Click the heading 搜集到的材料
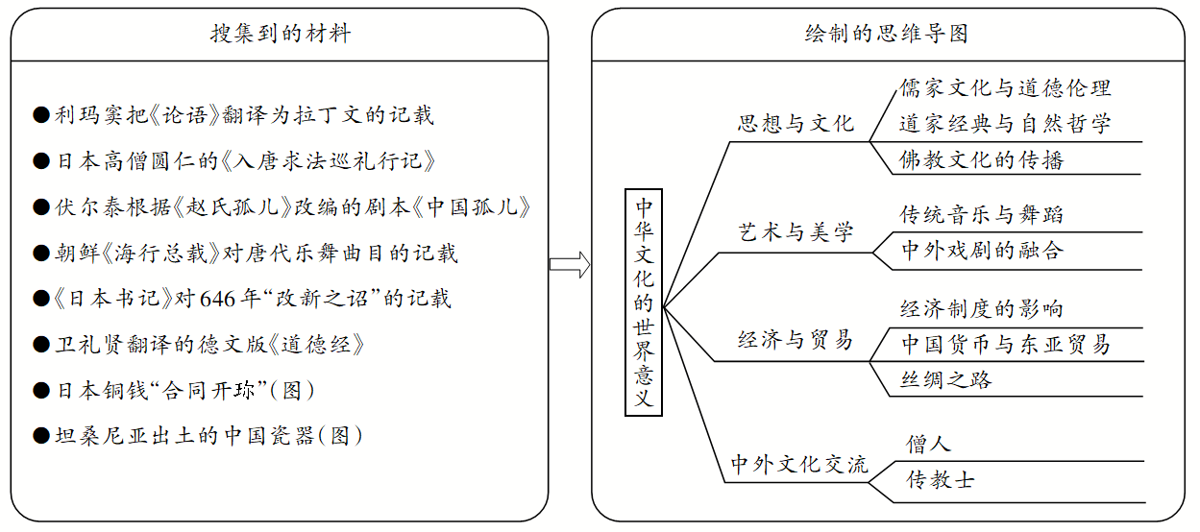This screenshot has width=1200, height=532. point(281,34)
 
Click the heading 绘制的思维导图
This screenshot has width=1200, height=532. point(887,34)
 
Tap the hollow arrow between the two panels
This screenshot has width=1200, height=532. point(570,264)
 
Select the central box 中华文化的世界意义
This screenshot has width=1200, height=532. point(644,302)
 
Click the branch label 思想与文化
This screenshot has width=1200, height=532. point(796,124)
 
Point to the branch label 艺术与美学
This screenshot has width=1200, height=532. point(796,232)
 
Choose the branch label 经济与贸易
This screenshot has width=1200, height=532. point(796,340)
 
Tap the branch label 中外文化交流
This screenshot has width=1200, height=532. point(799,464)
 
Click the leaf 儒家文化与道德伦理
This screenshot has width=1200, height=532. point(1006,88)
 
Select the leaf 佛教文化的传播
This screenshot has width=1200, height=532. point(982,160)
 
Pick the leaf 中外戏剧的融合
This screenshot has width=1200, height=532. point(982,250)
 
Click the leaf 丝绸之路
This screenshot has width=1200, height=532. point(946,379)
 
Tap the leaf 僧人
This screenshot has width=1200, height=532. point(928,444)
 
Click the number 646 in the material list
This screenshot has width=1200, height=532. point(217,300)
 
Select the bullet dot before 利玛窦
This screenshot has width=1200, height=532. point(41,114)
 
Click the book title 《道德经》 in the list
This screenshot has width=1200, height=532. point(316,345)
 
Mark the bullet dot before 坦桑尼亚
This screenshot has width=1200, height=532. point(41,436)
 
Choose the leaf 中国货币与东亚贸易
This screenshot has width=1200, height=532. point(1006,344)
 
